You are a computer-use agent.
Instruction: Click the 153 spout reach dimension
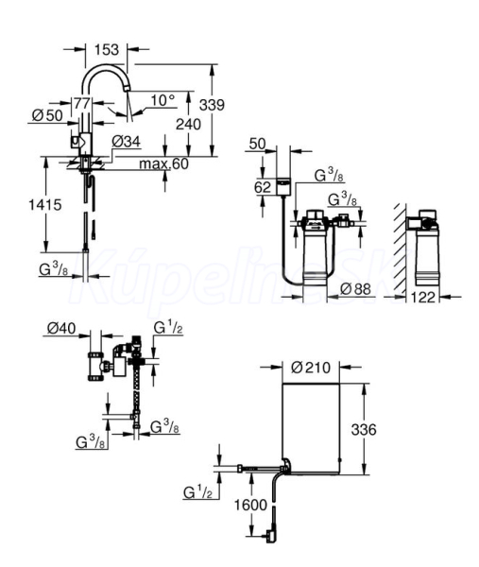[107, 49]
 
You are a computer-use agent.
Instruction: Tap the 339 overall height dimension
[213, 105]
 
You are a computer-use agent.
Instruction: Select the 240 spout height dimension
[188, 125]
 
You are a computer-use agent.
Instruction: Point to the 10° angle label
[163, 100]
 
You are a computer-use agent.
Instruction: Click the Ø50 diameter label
[47, 115]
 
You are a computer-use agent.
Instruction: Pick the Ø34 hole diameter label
[126, 142]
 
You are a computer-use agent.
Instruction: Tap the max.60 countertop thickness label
[163, 163]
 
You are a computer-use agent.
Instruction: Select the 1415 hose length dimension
[45, 205]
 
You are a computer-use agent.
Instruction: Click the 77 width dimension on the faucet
[82, 104]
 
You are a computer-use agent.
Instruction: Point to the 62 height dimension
[263, 187]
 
